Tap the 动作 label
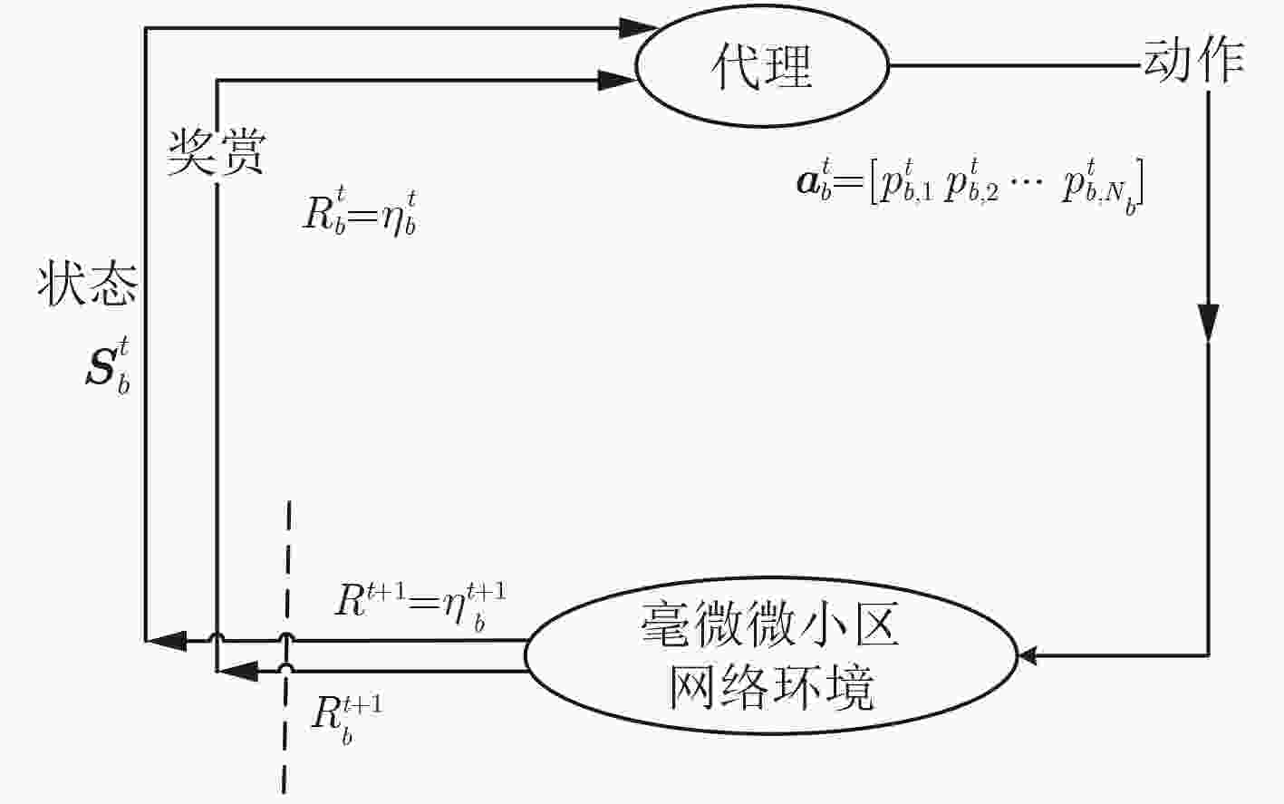pyautogui.click(x=1194, y=62)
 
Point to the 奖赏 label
pyautogui.click(x=216, y=152)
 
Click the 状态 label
pyautogui.click(x=87, y=284)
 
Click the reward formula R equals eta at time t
pyautogui.click(x=360, y=214)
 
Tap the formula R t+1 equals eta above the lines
pyautogui.click(x=420, y=606)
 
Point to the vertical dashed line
pyautogui.click(x=286, y=647)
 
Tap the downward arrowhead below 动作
pyautogui.click(x=1208, y=323)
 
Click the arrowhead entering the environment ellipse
pyautogui.click(x=1028, y=655)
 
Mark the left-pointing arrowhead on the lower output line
pyautogui.click(x=237, y=671)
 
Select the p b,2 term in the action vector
pyautogui.click(x=970, y=182)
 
